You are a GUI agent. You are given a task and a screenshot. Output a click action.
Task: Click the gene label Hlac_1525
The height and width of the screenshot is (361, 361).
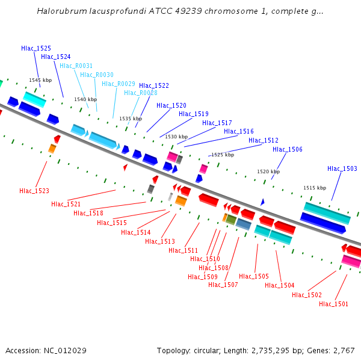point(36,48)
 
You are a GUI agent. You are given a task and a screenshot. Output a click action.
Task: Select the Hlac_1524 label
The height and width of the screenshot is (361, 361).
point(56,57)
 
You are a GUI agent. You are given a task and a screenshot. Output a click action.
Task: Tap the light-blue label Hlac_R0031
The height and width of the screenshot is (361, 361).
point(76,66)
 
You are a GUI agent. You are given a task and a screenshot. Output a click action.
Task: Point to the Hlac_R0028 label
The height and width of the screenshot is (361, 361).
point(141,93)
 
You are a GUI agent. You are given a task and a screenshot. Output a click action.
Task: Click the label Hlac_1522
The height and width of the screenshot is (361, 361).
point(154,85)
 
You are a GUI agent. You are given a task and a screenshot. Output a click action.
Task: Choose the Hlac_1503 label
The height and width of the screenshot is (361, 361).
point(342,168)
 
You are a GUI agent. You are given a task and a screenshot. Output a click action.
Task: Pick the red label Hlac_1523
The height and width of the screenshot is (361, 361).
point(34,191)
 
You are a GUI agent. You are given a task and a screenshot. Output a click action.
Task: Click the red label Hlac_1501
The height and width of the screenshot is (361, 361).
point(333,304)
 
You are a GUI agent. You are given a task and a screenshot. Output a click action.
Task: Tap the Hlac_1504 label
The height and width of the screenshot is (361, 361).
point(279,285)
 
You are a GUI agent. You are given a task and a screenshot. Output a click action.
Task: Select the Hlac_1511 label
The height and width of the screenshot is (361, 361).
point(184,250)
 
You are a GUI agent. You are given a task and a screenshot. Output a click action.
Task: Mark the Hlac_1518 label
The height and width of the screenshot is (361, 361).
point(88,213)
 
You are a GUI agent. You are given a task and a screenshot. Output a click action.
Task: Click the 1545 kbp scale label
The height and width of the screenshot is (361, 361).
point(40,80)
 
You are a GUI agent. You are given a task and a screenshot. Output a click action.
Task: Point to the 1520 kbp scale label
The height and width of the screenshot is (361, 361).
point(268,171)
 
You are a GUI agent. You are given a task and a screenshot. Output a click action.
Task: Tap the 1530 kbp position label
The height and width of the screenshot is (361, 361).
point(176,137)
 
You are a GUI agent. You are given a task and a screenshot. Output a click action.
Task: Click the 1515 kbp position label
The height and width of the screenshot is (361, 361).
point(315,188)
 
